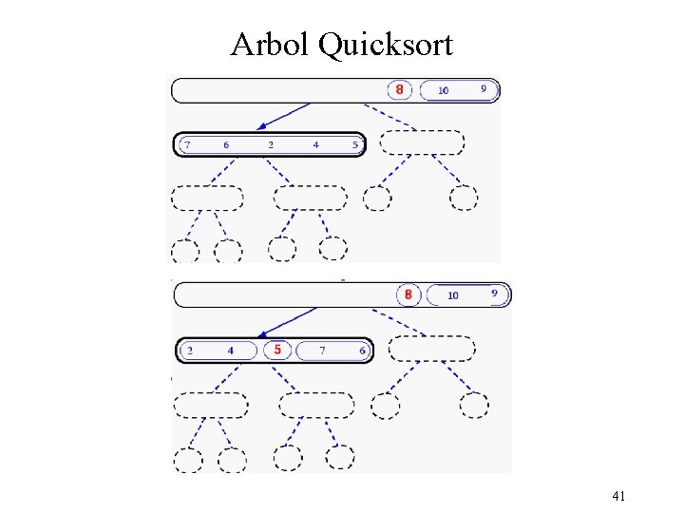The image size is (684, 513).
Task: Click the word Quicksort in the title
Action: pos(387,45)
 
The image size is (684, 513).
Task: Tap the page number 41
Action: pos(618,495)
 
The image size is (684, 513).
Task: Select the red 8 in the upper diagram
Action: pos(400,89)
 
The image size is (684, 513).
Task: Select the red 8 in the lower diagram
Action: pos(408,294)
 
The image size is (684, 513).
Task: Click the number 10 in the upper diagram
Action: pos(444,90)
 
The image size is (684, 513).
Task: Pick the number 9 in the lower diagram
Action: pos(494,294)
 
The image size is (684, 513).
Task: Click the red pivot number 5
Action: pos(277,350)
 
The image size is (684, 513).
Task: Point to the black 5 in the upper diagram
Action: pos(354,144)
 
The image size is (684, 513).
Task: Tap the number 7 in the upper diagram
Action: pos(187,144)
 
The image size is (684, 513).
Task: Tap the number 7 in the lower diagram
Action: pos(322,351)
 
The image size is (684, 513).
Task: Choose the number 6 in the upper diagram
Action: pos(226,144)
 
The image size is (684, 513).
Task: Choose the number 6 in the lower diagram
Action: pos(363,351)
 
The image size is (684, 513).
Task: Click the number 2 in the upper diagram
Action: pos(271,144)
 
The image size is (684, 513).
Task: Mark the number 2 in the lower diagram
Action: pos(190,351)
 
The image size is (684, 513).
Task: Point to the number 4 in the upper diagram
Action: pos(315,144)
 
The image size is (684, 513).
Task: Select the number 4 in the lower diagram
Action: pos(231,351)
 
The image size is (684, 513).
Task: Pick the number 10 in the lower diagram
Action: pos(453,295)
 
